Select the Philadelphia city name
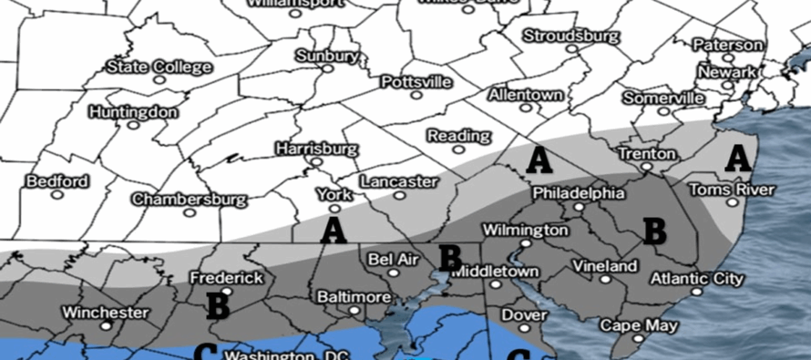[579, 193]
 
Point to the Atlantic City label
[696, 278]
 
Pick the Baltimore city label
[352, 297]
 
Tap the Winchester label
[106, 313]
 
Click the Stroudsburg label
[571, 36]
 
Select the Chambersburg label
[189, 199]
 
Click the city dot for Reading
[459, 151]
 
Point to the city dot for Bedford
[57, 194]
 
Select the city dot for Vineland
[604, 281]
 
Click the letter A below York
[334, 231]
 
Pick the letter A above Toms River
[737, 159]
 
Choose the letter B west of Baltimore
[217, 305]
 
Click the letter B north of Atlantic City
[654, 231]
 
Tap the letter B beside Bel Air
[450, 257]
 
